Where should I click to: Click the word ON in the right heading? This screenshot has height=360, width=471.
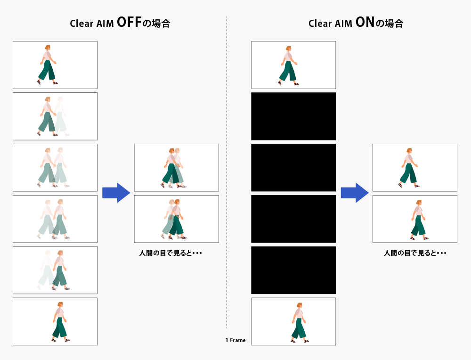(365, 22)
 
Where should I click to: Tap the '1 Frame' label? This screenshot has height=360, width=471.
(235, 340)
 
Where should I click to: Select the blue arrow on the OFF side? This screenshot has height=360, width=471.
(116, 193)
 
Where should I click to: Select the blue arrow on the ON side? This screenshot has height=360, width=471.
(355, 193)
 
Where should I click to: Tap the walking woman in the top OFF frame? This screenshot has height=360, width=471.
(48, 65)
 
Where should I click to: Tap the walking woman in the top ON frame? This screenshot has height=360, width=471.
(288, 65)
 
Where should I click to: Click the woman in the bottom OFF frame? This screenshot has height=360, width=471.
(60, 322)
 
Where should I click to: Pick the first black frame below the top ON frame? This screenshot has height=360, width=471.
(293, 116)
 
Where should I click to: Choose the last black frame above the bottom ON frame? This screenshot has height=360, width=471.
(293, 270)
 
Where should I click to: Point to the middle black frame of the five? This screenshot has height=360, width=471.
(293, 167)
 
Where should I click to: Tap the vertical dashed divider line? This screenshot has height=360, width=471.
(227, 172)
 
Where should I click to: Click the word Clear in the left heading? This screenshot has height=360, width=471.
(81, 24)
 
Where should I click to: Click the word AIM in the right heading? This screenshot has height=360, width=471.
(343, 24)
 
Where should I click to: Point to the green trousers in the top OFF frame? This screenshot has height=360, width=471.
(47, 70)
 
